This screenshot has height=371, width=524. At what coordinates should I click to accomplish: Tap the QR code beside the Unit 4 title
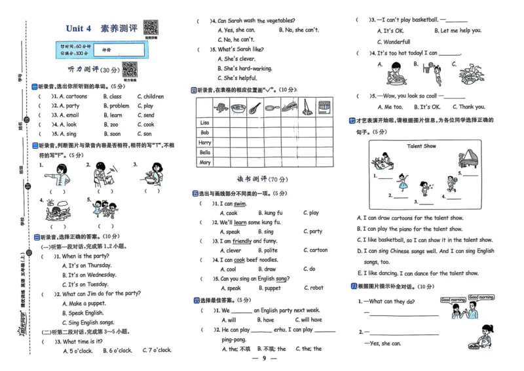151,28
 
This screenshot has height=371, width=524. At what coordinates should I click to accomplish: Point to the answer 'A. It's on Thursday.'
87,265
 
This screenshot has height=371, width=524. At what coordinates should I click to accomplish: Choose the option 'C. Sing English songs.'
90,322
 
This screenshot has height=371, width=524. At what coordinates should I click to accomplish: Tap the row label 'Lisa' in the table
204,123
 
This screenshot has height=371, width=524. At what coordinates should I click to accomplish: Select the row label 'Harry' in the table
205,142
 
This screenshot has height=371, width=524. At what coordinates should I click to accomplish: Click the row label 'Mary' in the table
205,162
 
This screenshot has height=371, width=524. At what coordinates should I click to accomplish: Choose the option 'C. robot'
313,288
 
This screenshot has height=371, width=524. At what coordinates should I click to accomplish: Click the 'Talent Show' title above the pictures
421,146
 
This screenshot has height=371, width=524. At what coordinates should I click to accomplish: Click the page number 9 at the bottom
263,358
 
